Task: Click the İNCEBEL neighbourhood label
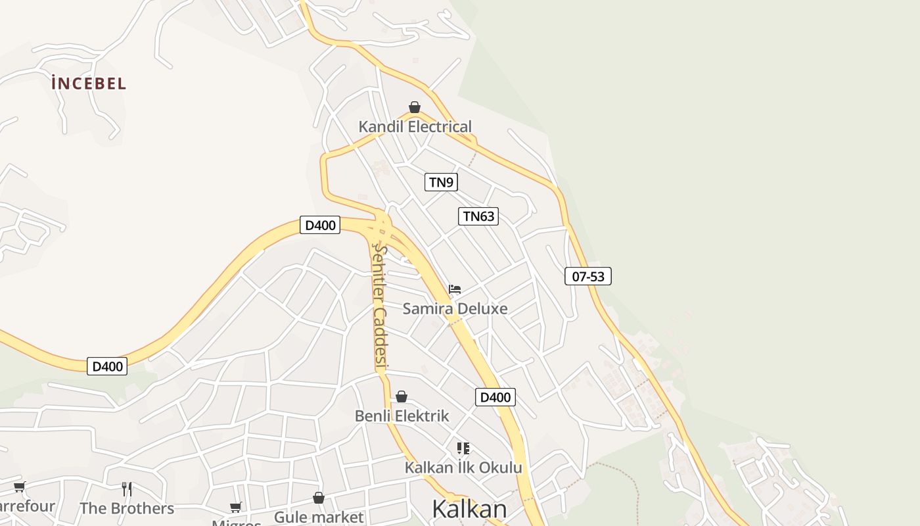[89, 84]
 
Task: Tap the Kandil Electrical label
[415, 126]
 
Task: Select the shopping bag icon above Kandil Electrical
[415, 107]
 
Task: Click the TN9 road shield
[441, 182]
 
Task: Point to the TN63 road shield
[478, 216]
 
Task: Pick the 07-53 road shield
[587, 276]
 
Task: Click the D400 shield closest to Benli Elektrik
[495, 397]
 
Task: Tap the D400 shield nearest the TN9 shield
[320, 225]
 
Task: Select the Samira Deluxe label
[455, 308]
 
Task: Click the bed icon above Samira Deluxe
[455, 289]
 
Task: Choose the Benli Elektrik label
[402, 416]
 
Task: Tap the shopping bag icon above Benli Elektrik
[402, 396]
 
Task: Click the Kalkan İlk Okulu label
[463, 467]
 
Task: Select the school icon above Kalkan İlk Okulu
[463, 448]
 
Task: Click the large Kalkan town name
[469, 509]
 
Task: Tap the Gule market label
[319, 517]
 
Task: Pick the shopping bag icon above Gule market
[319, 498]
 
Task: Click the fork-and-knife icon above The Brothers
[127, 489]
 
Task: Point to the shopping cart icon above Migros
[236, 507]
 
